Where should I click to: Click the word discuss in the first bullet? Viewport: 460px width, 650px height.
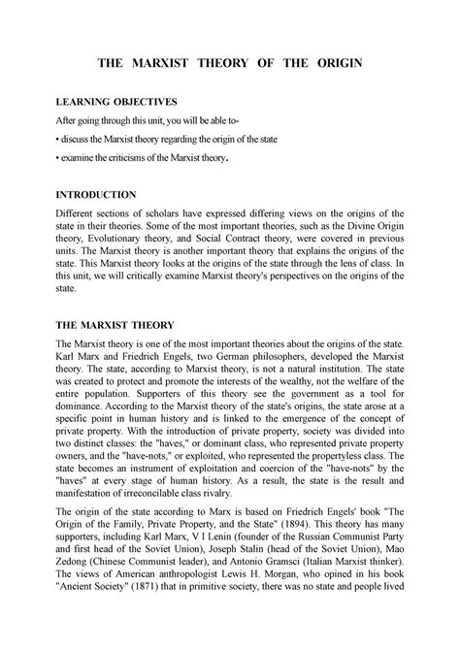(x=80, y=139)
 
